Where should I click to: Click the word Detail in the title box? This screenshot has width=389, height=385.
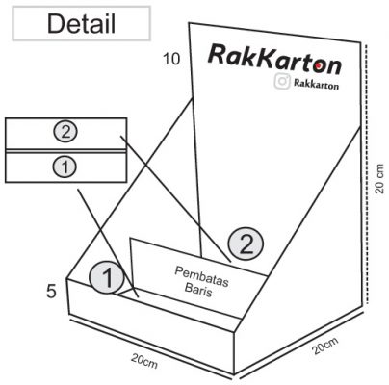[81, 24]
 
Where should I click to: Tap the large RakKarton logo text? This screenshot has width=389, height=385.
[274, 60]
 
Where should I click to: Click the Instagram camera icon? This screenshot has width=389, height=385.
[282, 81]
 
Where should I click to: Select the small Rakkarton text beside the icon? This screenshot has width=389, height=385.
[316, 84]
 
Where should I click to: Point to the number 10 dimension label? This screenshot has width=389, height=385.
[171, 59]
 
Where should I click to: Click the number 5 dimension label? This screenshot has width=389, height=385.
[52, 292]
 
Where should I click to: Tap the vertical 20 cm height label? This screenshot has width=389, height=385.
[379, 178]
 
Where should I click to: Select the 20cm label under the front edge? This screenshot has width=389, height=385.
[144, 361]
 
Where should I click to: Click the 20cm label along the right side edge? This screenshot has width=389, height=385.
[325, 346]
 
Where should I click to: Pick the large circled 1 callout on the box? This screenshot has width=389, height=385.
[106, 277]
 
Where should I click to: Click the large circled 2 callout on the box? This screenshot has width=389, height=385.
[246, 244]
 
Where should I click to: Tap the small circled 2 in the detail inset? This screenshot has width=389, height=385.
[65, 132]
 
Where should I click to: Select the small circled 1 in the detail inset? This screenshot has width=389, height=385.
[65, 167]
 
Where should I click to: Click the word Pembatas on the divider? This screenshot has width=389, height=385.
[202, 275]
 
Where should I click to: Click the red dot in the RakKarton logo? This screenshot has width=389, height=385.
[318, 65]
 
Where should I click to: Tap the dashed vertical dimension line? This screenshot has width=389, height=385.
[366, 175]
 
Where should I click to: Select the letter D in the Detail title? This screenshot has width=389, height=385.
[56, 24]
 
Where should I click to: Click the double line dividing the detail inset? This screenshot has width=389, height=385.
[65, 151]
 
